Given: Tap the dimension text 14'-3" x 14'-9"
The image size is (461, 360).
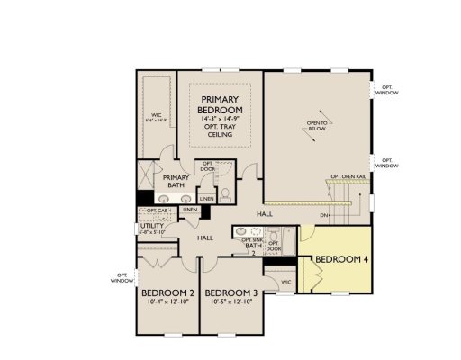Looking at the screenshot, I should point(220,118).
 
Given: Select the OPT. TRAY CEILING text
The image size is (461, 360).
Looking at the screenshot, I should point(220,130).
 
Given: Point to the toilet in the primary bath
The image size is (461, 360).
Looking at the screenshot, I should point(226,193).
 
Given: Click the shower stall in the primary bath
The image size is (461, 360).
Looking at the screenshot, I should point(146,172).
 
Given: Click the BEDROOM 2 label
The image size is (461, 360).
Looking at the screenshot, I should point(167,293).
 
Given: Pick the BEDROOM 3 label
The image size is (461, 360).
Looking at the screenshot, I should point(230,293).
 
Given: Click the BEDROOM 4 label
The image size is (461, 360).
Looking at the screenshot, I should point(342,262).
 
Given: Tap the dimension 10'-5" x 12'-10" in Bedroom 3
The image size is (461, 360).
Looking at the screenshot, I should point(230,303).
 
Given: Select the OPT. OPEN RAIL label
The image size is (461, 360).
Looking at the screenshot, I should point(348,176).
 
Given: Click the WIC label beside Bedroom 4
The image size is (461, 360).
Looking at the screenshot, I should point(285,282).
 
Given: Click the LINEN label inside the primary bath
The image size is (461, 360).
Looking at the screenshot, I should point(206,198).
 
